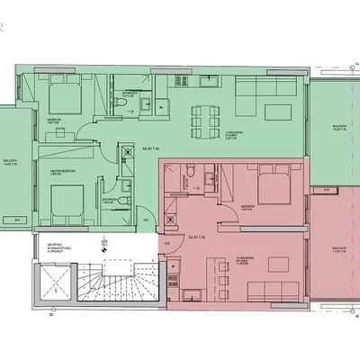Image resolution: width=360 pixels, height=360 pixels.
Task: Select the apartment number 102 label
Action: (166, 242)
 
